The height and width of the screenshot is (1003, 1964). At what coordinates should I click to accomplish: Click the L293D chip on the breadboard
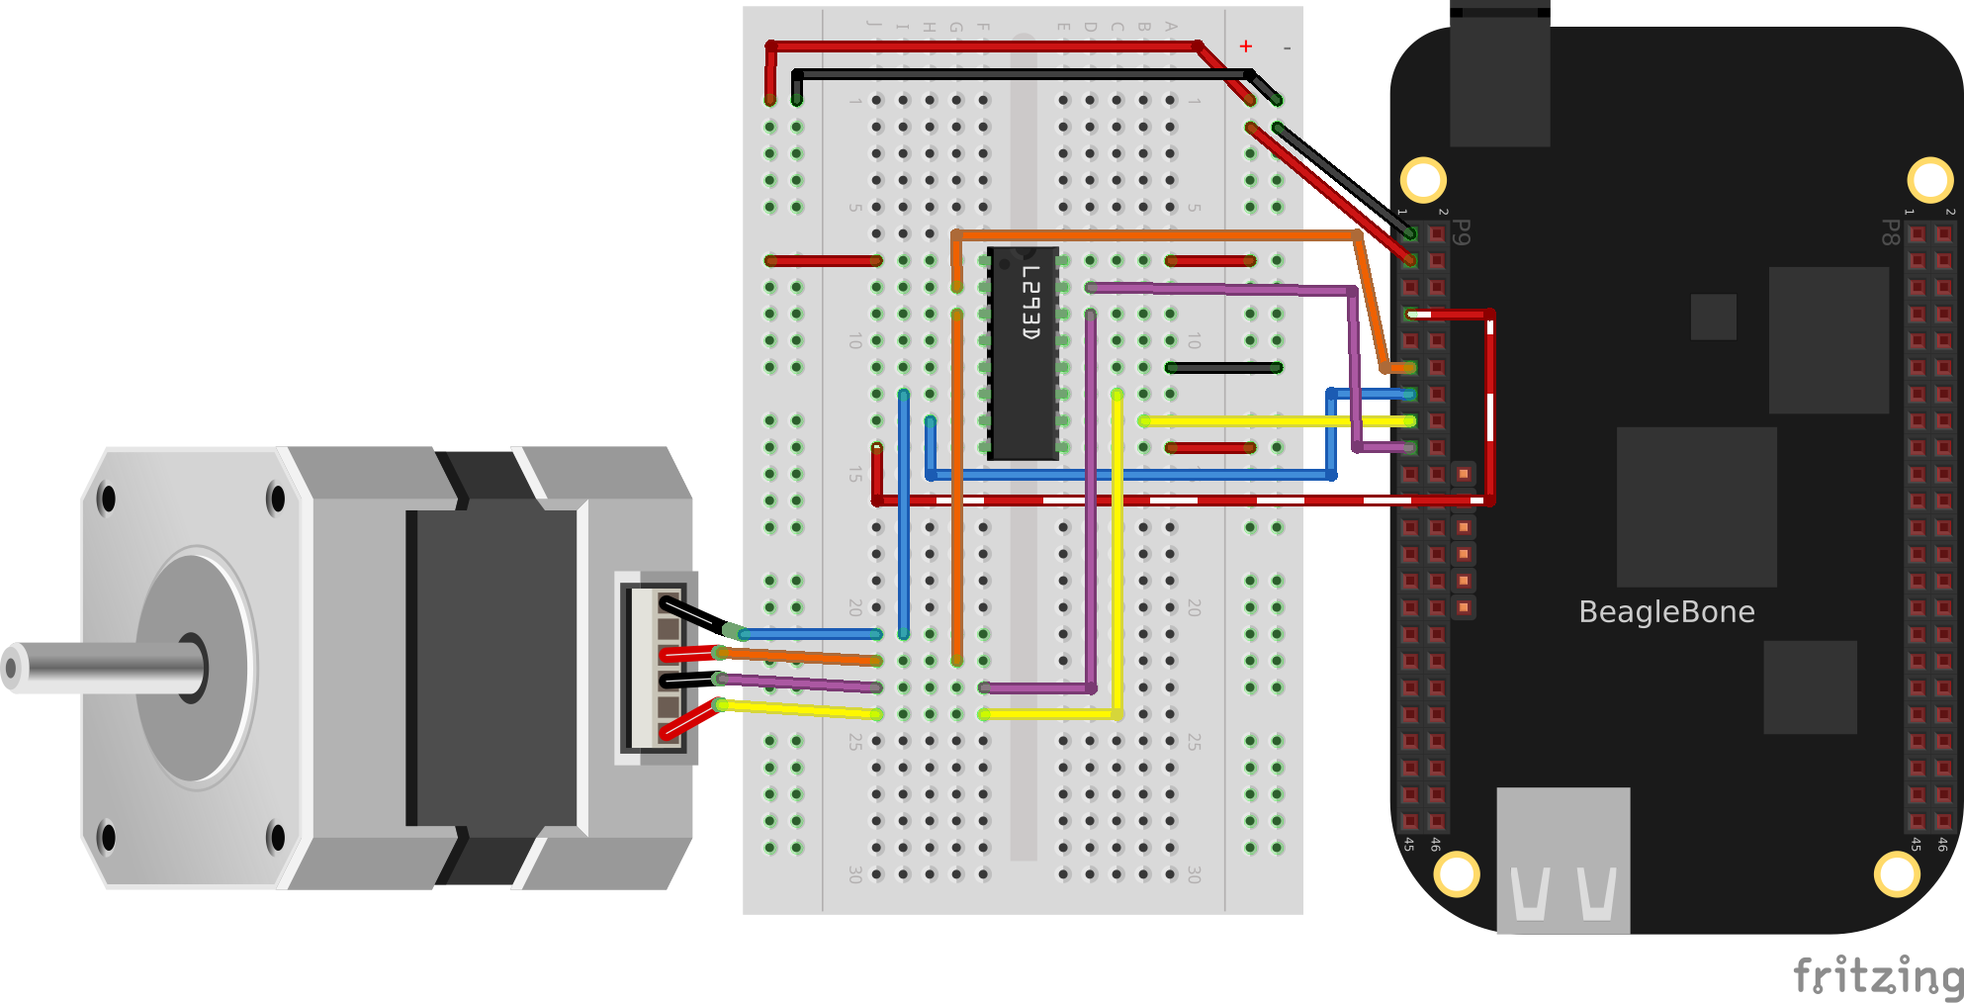click(x=1024, y=354)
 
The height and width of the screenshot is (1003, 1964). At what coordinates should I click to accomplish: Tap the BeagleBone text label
click(x=1666, y=612)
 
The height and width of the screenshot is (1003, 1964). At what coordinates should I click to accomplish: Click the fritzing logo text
click(x=1877, y=976)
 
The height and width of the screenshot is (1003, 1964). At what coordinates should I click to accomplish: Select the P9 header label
click(x=1463, y=232)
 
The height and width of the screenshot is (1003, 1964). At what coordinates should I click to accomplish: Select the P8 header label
click(x=1889, y=232)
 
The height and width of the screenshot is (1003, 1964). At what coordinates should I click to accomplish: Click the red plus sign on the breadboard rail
click(x=1246, y=46)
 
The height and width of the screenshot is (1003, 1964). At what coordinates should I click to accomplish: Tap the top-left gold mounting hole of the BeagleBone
click(x=1423, y=180)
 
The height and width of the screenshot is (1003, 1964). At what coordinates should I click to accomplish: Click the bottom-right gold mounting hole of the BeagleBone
click(x=1896, y=874)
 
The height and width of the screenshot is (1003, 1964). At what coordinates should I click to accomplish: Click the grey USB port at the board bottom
click(x=1562, y=861)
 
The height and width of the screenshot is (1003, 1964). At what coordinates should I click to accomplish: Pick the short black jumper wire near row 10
click(x=1223, y=368)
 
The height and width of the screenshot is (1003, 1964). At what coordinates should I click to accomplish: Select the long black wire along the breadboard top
click(x=1019, y=74)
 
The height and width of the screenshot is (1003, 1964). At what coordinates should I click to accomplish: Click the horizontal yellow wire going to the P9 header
click(x=1246, y=421)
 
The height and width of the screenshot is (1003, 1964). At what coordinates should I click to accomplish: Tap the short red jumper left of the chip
click(x=823, y=261)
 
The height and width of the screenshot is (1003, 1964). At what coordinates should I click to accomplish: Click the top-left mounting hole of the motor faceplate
click(x=107, y=500)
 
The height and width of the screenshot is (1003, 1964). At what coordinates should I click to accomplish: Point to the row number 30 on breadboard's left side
click(x=855, y=874)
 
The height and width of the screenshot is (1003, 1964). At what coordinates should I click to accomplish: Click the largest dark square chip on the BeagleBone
click(x=1696, y=506)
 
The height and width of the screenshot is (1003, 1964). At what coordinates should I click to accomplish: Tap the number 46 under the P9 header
click(x=1435, y=844)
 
